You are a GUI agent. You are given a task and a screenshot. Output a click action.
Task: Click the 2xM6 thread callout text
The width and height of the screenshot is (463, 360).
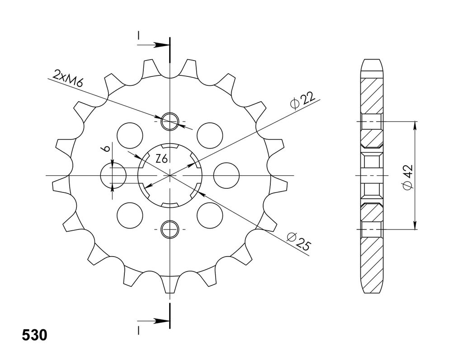67,78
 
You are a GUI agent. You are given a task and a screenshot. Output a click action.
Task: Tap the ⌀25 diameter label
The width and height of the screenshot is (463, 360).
299,241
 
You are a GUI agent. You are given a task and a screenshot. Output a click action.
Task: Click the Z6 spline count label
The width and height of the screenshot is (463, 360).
162,159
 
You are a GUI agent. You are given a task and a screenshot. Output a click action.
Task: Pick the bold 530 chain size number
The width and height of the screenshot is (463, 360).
34,335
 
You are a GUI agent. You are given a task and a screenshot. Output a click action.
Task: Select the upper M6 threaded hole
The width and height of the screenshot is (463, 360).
170,121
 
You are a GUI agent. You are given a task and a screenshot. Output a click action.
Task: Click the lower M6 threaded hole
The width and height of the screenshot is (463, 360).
170,229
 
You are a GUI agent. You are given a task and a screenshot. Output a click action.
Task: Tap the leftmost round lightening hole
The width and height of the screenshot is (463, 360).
113,175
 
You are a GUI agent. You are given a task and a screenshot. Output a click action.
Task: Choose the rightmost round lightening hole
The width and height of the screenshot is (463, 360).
226,175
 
